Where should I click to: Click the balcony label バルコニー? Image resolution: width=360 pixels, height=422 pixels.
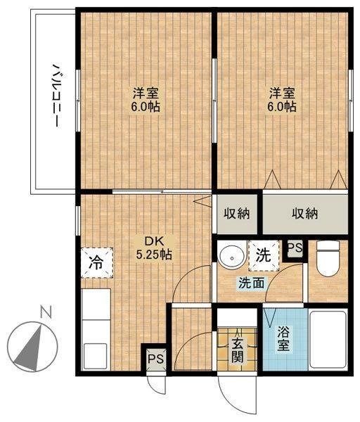pos(56,95)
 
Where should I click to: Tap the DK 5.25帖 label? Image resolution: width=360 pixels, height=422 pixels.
pos(154,248)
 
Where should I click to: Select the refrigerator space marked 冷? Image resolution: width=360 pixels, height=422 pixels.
pos(97,263)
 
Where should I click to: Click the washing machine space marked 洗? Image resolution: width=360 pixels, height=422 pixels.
pos(264,255)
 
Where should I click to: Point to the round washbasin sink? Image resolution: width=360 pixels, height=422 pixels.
pos(232,257)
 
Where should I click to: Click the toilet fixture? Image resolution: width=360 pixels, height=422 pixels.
pos(328,258)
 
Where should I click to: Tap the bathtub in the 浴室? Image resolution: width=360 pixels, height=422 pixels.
pos(328,340)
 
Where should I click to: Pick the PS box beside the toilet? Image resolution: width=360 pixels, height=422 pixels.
pos(295,248)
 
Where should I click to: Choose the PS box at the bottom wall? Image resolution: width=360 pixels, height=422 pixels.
pos(156,359)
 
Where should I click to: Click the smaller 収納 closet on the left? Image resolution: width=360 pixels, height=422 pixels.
pos(237,213)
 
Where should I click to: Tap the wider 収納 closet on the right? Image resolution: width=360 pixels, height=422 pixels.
pos(305,214)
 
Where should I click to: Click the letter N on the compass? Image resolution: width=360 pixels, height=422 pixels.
pos(46,312)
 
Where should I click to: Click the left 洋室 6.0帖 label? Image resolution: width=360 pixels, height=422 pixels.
pos(146,100)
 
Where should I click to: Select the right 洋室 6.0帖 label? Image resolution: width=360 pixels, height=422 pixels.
pos(282,100)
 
